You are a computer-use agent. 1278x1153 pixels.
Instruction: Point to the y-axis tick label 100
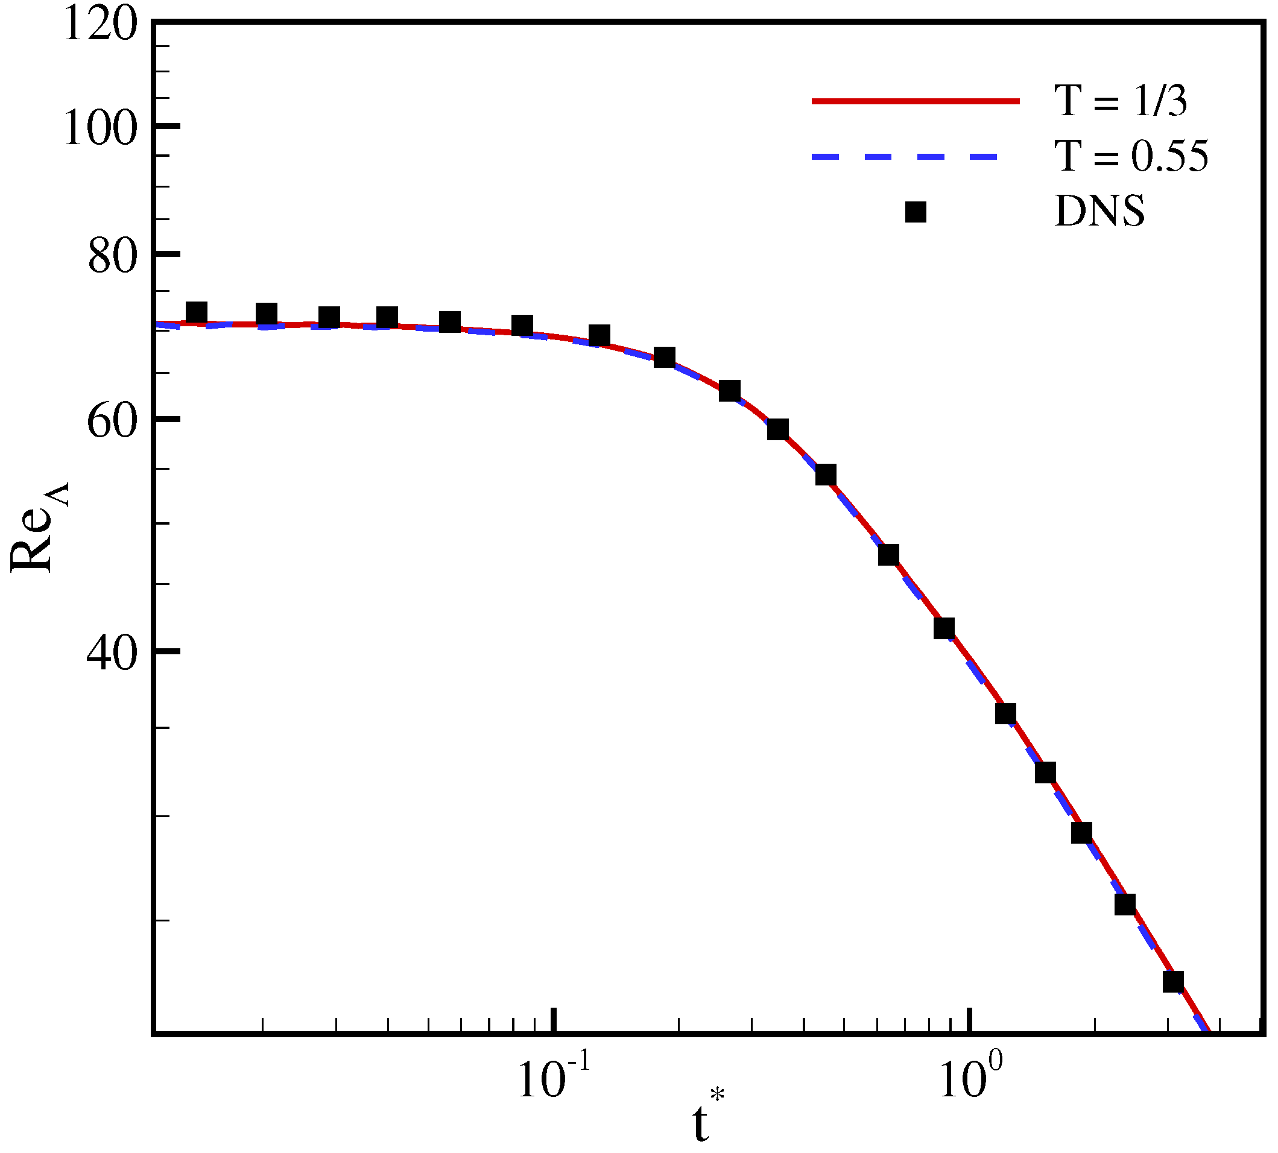[101, 130]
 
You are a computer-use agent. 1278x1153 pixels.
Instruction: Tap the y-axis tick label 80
[112, 256]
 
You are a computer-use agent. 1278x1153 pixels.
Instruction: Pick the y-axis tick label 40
[112, 654]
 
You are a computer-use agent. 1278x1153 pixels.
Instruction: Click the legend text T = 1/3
[1120, 101]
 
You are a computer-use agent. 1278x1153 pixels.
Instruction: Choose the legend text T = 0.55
[1131, 156]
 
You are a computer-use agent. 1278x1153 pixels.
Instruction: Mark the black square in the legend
[916, 212]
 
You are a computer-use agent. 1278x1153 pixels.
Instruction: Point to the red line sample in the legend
[916, 101]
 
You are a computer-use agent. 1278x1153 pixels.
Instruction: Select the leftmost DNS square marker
[197, 312]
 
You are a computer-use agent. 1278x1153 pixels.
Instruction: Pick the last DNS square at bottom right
[1174, 981]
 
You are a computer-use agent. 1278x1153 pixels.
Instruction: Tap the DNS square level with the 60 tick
[777, 429]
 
